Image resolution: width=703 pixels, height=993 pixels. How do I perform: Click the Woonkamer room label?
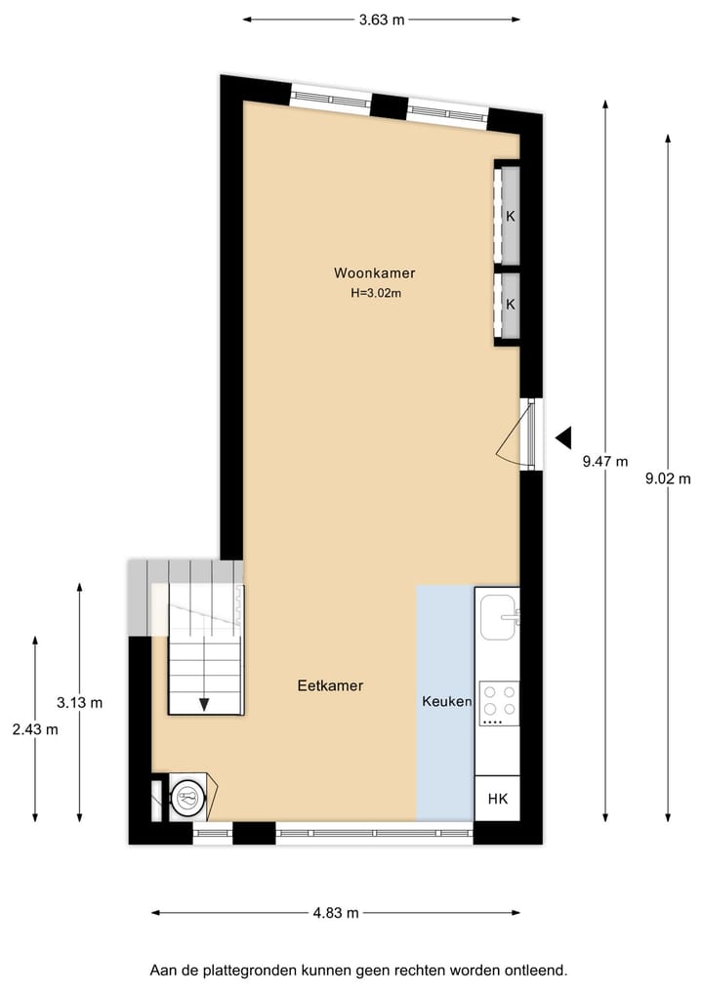point(367,273)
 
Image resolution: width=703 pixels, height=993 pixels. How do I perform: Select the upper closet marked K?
point(509,216)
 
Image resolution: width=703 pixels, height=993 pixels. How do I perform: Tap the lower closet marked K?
point(509,304)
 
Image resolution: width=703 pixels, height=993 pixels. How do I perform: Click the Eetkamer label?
point(330,686)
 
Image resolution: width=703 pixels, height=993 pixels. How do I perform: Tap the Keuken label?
point(447,701)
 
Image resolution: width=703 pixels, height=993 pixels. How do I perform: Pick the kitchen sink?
point(498,615)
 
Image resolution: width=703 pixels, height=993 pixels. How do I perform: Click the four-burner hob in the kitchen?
point(499,702)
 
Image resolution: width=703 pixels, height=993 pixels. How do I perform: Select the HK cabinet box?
point(498,799)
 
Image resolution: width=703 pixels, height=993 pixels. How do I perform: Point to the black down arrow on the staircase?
point(205,702)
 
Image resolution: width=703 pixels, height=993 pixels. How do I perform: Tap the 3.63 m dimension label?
point(382,19)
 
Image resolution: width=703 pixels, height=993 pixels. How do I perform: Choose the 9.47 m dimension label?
point(605,463)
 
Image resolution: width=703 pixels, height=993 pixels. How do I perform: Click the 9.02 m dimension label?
point(669,478)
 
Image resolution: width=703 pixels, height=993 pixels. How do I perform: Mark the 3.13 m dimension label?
point(80,702)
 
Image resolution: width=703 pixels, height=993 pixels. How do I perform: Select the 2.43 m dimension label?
point(35,729)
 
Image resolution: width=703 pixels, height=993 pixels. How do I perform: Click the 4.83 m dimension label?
point(336,913)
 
